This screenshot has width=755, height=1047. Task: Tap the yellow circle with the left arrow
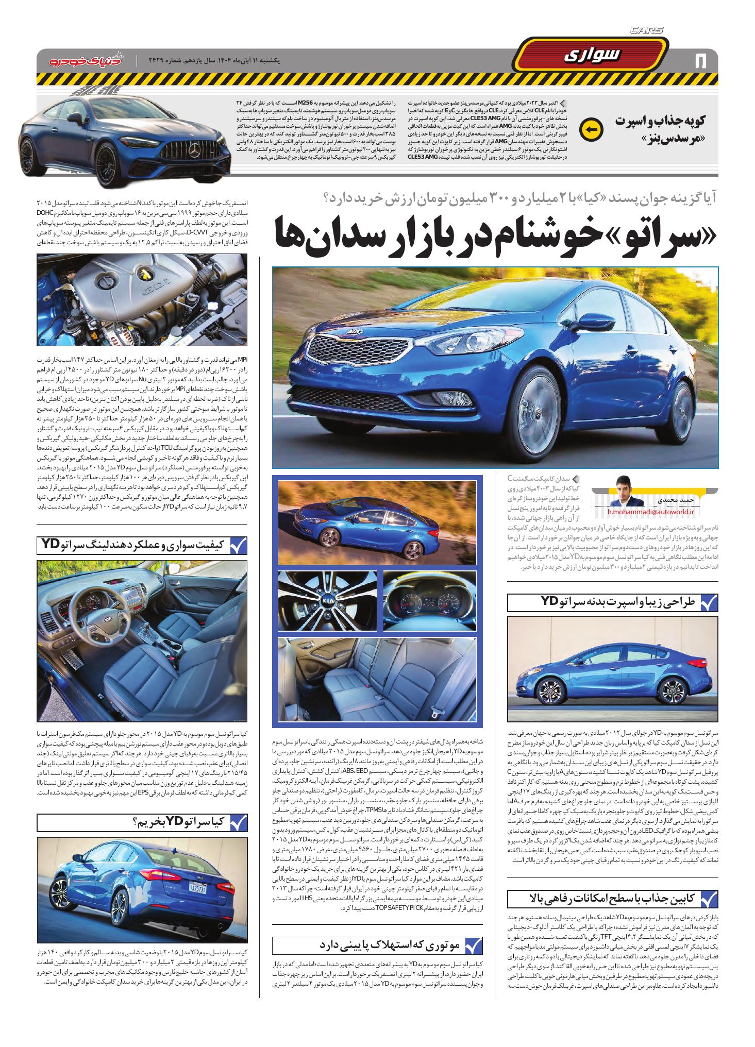coord(589,129)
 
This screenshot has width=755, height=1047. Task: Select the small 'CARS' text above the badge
coord(647,30)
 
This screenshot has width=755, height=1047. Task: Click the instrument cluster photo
coord(430,601)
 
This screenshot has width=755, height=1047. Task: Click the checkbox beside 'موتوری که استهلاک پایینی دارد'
coord(473,945)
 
